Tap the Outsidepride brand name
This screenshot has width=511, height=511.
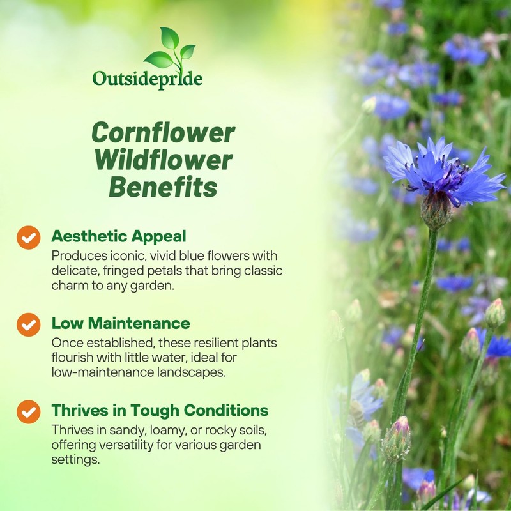(148, 79)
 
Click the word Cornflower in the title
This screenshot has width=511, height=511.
(163, 133)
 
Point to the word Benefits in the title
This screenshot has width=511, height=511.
(163, 188)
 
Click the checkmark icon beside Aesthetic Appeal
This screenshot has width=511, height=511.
(28, 238)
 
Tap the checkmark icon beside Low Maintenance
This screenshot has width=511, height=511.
(28, 324)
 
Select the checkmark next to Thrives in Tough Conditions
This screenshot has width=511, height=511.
(28, 411)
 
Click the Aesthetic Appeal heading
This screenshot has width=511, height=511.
(119, 236)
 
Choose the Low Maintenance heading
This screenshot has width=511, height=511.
(121, 323)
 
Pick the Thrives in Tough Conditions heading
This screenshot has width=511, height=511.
(160, 410)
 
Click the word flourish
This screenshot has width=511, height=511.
(71, 358)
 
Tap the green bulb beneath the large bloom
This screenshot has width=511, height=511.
(436, 210)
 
